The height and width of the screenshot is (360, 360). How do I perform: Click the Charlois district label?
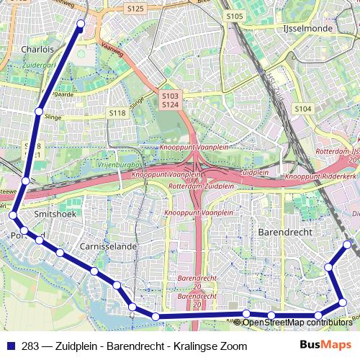click(37, 50)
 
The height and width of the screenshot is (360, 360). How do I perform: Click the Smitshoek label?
click(55, 214)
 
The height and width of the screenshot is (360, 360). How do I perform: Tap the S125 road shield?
click(135, 9)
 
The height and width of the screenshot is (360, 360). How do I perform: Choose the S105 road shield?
click(234, 15)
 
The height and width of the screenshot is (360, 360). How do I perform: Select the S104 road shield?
click(303, 108)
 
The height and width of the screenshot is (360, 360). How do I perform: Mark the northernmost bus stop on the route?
click(81, 24)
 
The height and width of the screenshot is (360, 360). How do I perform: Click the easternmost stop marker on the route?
click(348, 245)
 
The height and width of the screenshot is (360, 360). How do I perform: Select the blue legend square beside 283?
click(12, 346)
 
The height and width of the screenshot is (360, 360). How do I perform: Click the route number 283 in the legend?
click(30, 346)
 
